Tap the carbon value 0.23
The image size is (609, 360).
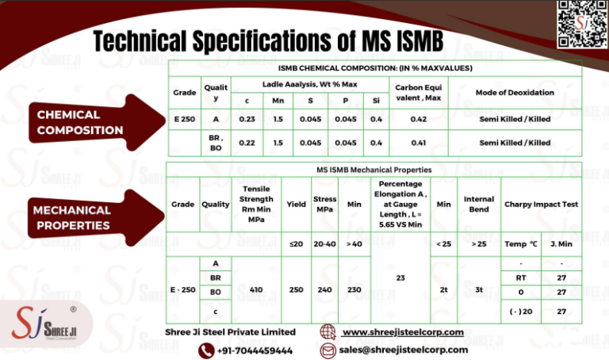pos(246,118)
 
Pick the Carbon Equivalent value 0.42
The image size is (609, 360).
pos(419,118)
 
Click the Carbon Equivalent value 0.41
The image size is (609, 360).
pos(419,143)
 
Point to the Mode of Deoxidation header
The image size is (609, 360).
pos(515,93)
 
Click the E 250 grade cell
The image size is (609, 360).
pos(184,118)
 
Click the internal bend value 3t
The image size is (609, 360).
pos(479,290)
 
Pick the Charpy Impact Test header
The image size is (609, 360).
pos(541,204)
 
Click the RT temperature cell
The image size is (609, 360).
pos(521,278)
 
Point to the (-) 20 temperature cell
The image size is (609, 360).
pos(521,312)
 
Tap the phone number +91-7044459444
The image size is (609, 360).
pos(255,350)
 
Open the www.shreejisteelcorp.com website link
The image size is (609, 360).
pos(402,331)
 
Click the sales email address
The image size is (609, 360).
pos(403,349)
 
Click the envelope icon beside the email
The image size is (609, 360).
pos(327,350)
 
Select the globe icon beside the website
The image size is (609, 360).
pos(327,331)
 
